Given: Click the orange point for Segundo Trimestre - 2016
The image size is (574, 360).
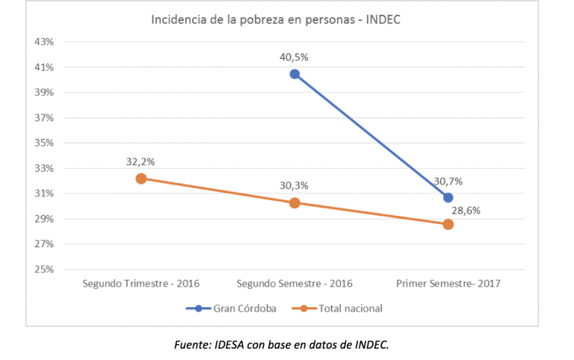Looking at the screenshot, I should point(141,179).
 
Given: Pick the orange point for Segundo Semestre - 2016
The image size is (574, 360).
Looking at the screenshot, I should point(294,202).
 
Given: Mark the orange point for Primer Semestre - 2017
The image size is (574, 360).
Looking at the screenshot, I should point(448,224).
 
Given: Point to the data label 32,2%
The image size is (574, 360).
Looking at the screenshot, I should point(141,161).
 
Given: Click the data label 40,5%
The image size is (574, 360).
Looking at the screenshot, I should point(294,57).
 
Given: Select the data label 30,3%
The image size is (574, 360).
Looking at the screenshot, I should point(294,185).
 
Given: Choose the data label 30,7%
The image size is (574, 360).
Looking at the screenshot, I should point(447,180).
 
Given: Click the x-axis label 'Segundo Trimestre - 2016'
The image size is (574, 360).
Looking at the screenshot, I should point(141,284).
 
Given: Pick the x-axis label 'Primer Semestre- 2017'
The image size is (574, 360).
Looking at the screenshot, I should point(448,284).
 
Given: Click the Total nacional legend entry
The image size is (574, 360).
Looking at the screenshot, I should point(342,308).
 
